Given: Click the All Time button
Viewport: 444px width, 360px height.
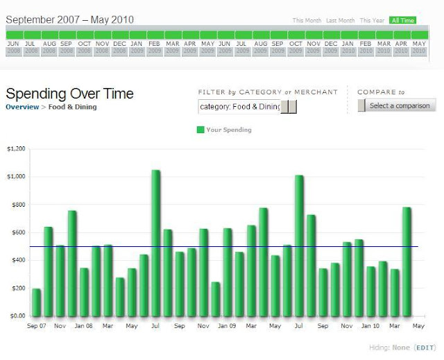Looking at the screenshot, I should tap(402, 21).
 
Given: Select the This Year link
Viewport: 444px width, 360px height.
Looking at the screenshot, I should tap(372, 21).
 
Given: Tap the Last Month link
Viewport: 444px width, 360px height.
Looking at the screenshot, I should tap(341, 21).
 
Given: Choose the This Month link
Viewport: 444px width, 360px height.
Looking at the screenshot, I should tap(307, 21).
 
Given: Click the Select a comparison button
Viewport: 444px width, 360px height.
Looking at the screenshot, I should tap(397, 106).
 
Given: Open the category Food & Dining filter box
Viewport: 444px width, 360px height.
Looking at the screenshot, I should tap(239, 107).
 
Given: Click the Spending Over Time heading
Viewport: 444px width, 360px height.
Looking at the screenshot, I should tap(69, 94).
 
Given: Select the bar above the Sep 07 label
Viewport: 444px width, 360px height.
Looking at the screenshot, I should tap(36, 302).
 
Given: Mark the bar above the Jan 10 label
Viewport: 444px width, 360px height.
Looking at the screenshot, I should tap(371, 281).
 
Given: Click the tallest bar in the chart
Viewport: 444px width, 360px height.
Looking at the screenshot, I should tap(155, 243).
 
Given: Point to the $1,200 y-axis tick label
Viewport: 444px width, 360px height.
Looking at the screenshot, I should tap(15, 148).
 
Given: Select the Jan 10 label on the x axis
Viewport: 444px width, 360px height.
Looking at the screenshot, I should tap(371, 325).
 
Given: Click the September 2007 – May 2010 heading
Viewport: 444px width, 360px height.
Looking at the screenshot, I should tap(69, 19).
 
